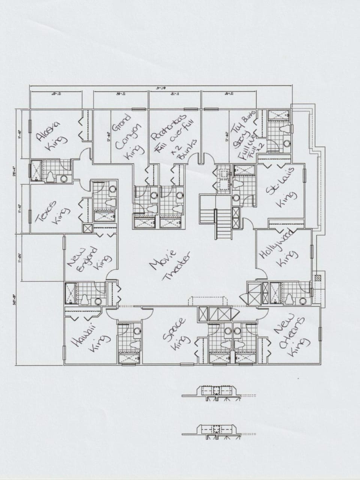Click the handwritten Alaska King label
pyautogui.click(x=52, y=135)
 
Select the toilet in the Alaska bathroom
pyautogui.click(x=50, y=177)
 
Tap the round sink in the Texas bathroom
pyautogui.click(x=112, y=190)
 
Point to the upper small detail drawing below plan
pyautogui.click(x=215, y=392)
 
